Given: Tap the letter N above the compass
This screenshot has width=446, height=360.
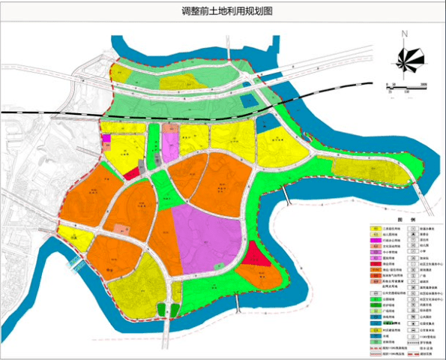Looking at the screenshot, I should (x=403, y=34).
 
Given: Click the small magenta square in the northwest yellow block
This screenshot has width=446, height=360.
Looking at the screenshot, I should (x=106, y=139).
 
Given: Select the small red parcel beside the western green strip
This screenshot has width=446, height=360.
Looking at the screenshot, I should (x=131, y=172).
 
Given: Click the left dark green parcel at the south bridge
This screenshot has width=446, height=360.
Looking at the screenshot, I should (x=161, y=309).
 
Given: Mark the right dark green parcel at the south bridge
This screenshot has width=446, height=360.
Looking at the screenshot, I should (x=174, y=309).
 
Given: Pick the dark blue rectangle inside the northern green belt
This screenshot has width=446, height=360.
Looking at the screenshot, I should (x=250, y=101).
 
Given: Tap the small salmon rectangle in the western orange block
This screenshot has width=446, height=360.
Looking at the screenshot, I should (x=121, y=228).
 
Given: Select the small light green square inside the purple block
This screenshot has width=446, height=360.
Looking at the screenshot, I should (x=217, y=266).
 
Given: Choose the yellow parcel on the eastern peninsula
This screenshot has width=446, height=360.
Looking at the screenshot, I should (x=367, y=169).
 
